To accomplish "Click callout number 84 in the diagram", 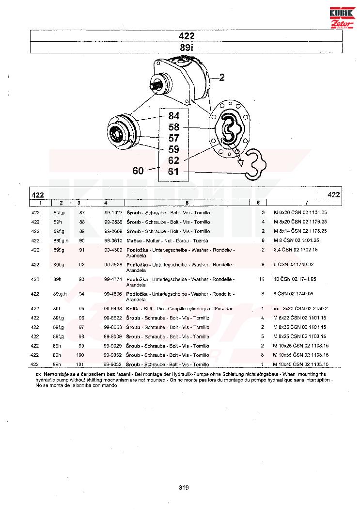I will click(x=173, y=116).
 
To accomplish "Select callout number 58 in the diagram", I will click(x=173, y=127).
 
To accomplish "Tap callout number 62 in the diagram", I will click(x=173, y=160).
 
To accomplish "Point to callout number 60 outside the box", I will click(x=139, y=170).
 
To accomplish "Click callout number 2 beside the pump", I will click(x=222, y=77).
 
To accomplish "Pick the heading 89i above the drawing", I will click(x=186, y=48).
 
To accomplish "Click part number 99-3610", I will click(x=112, y=240).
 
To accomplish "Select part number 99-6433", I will click(x=112, y=309).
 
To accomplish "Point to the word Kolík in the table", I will click(x=132, y=309).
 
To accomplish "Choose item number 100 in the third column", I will click(x=81, y=355).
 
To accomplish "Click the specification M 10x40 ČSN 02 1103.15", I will click(x=301, y=364).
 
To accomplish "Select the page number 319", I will click(x=183, y=488).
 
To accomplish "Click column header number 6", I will click(x=258, y=202).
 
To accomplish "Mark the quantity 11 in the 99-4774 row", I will click(x=262, y=280).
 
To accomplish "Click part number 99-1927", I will click(x=112, y=213).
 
